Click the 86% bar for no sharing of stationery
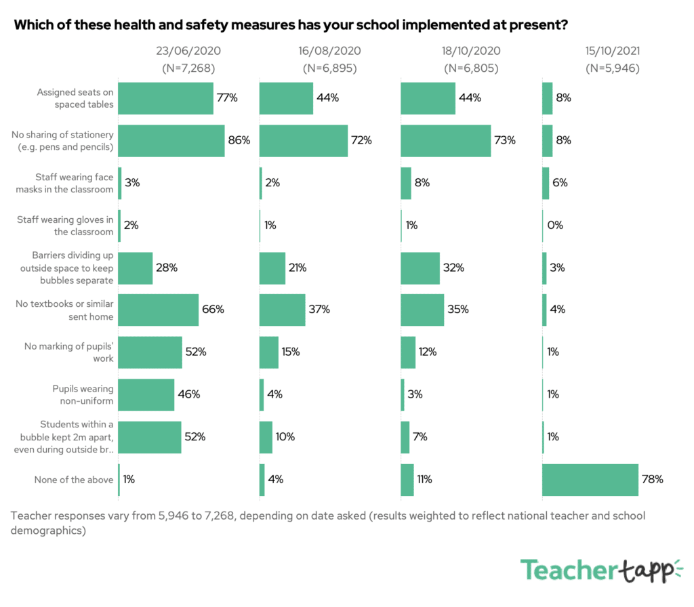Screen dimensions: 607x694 pyautogui.click(x=171, y=141)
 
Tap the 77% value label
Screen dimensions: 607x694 pyautogui.click(x=227, y=98)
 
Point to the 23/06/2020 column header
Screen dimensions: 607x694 pyautogui.click(x=188, y=51)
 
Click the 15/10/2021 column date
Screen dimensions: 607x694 pyautogui.click(x=613, y=51)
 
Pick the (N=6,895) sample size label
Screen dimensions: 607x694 pyautogui.click(x=329, y=68)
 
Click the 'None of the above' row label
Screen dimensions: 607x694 pyautogui.click(x=74, y=480)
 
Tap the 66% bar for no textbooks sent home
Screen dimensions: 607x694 pyautogui.click(x=159, y=310)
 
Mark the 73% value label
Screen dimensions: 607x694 pyautogui.click(x=505, y=141)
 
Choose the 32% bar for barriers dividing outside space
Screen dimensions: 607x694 pyautogui.click(x=420, y=268)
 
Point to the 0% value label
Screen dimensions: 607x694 pyautogui.click(x=555, y=226)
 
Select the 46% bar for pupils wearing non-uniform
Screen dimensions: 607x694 pyautogui.click(x=146, y=395)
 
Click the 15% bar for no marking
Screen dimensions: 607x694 pyautogui.click(x=269, y=352)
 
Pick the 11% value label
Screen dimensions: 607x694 pyautogui.click(x=425, y=480)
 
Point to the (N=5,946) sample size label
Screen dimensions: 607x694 pyautogui.click(x=613, y=68)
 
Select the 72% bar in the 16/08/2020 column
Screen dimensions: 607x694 pyautogui.click(x=304, y=141)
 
